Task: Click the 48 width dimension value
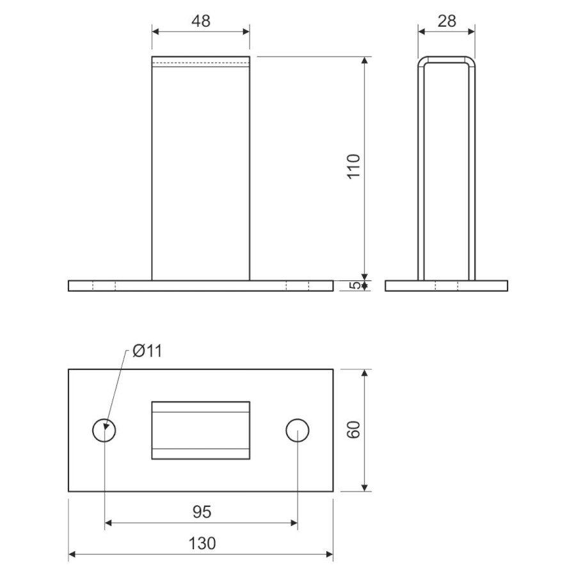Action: point(201,21)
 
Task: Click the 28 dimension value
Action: point(447,21)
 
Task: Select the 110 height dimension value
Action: point(353,167)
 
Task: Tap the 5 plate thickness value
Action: point(354,286)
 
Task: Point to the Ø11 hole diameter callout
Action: point(147,351)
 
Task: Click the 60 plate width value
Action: point(353,430)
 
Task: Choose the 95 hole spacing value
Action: point(202,512)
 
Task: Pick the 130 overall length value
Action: point(202,543)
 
